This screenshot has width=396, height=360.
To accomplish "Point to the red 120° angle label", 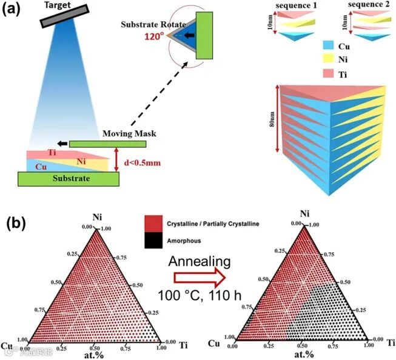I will (x=154, y=35).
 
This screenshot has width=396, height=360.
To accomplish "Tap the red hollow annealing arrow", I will (x=199, y=278).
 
